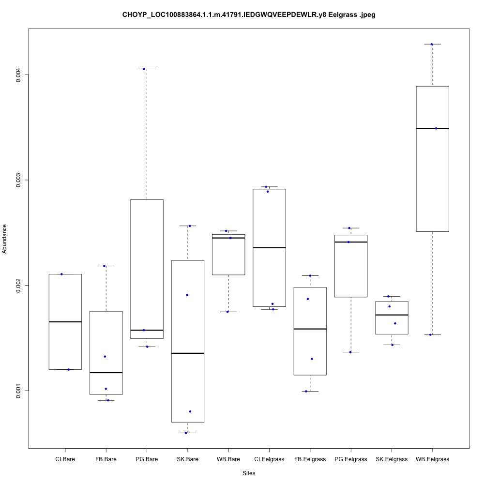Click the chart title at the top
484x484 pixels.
[248, 15]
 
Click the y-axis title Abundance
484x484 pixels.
[5, 239]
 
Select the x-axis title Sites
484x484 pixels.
[248, 473]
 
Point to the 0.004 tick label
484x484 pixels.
[18, 75]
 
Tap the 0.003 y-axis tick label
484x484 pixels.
[18, 180]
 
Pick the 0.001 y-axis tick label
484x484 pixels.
[18, 391]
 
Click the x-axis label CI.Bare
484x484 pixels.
[65, 459]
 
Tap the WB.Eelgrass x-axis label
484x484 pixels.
[432, 459]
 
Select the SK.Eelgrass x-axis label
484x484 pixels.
[392, 459]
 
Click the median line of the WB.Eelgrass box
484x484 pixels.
[432, 128]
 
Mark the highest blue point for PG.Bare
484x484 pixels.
[144, 69]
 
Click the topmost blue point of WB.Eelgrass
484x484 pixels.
[432, 44]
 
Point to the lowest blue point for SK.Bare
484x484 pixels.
[186, 433]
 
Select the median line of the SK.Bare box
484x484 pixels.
[187, 353]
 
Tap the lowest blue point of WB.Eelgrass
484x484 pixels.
[430, 334]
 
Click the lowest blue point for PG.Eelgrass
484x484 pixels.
[350, 352]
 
